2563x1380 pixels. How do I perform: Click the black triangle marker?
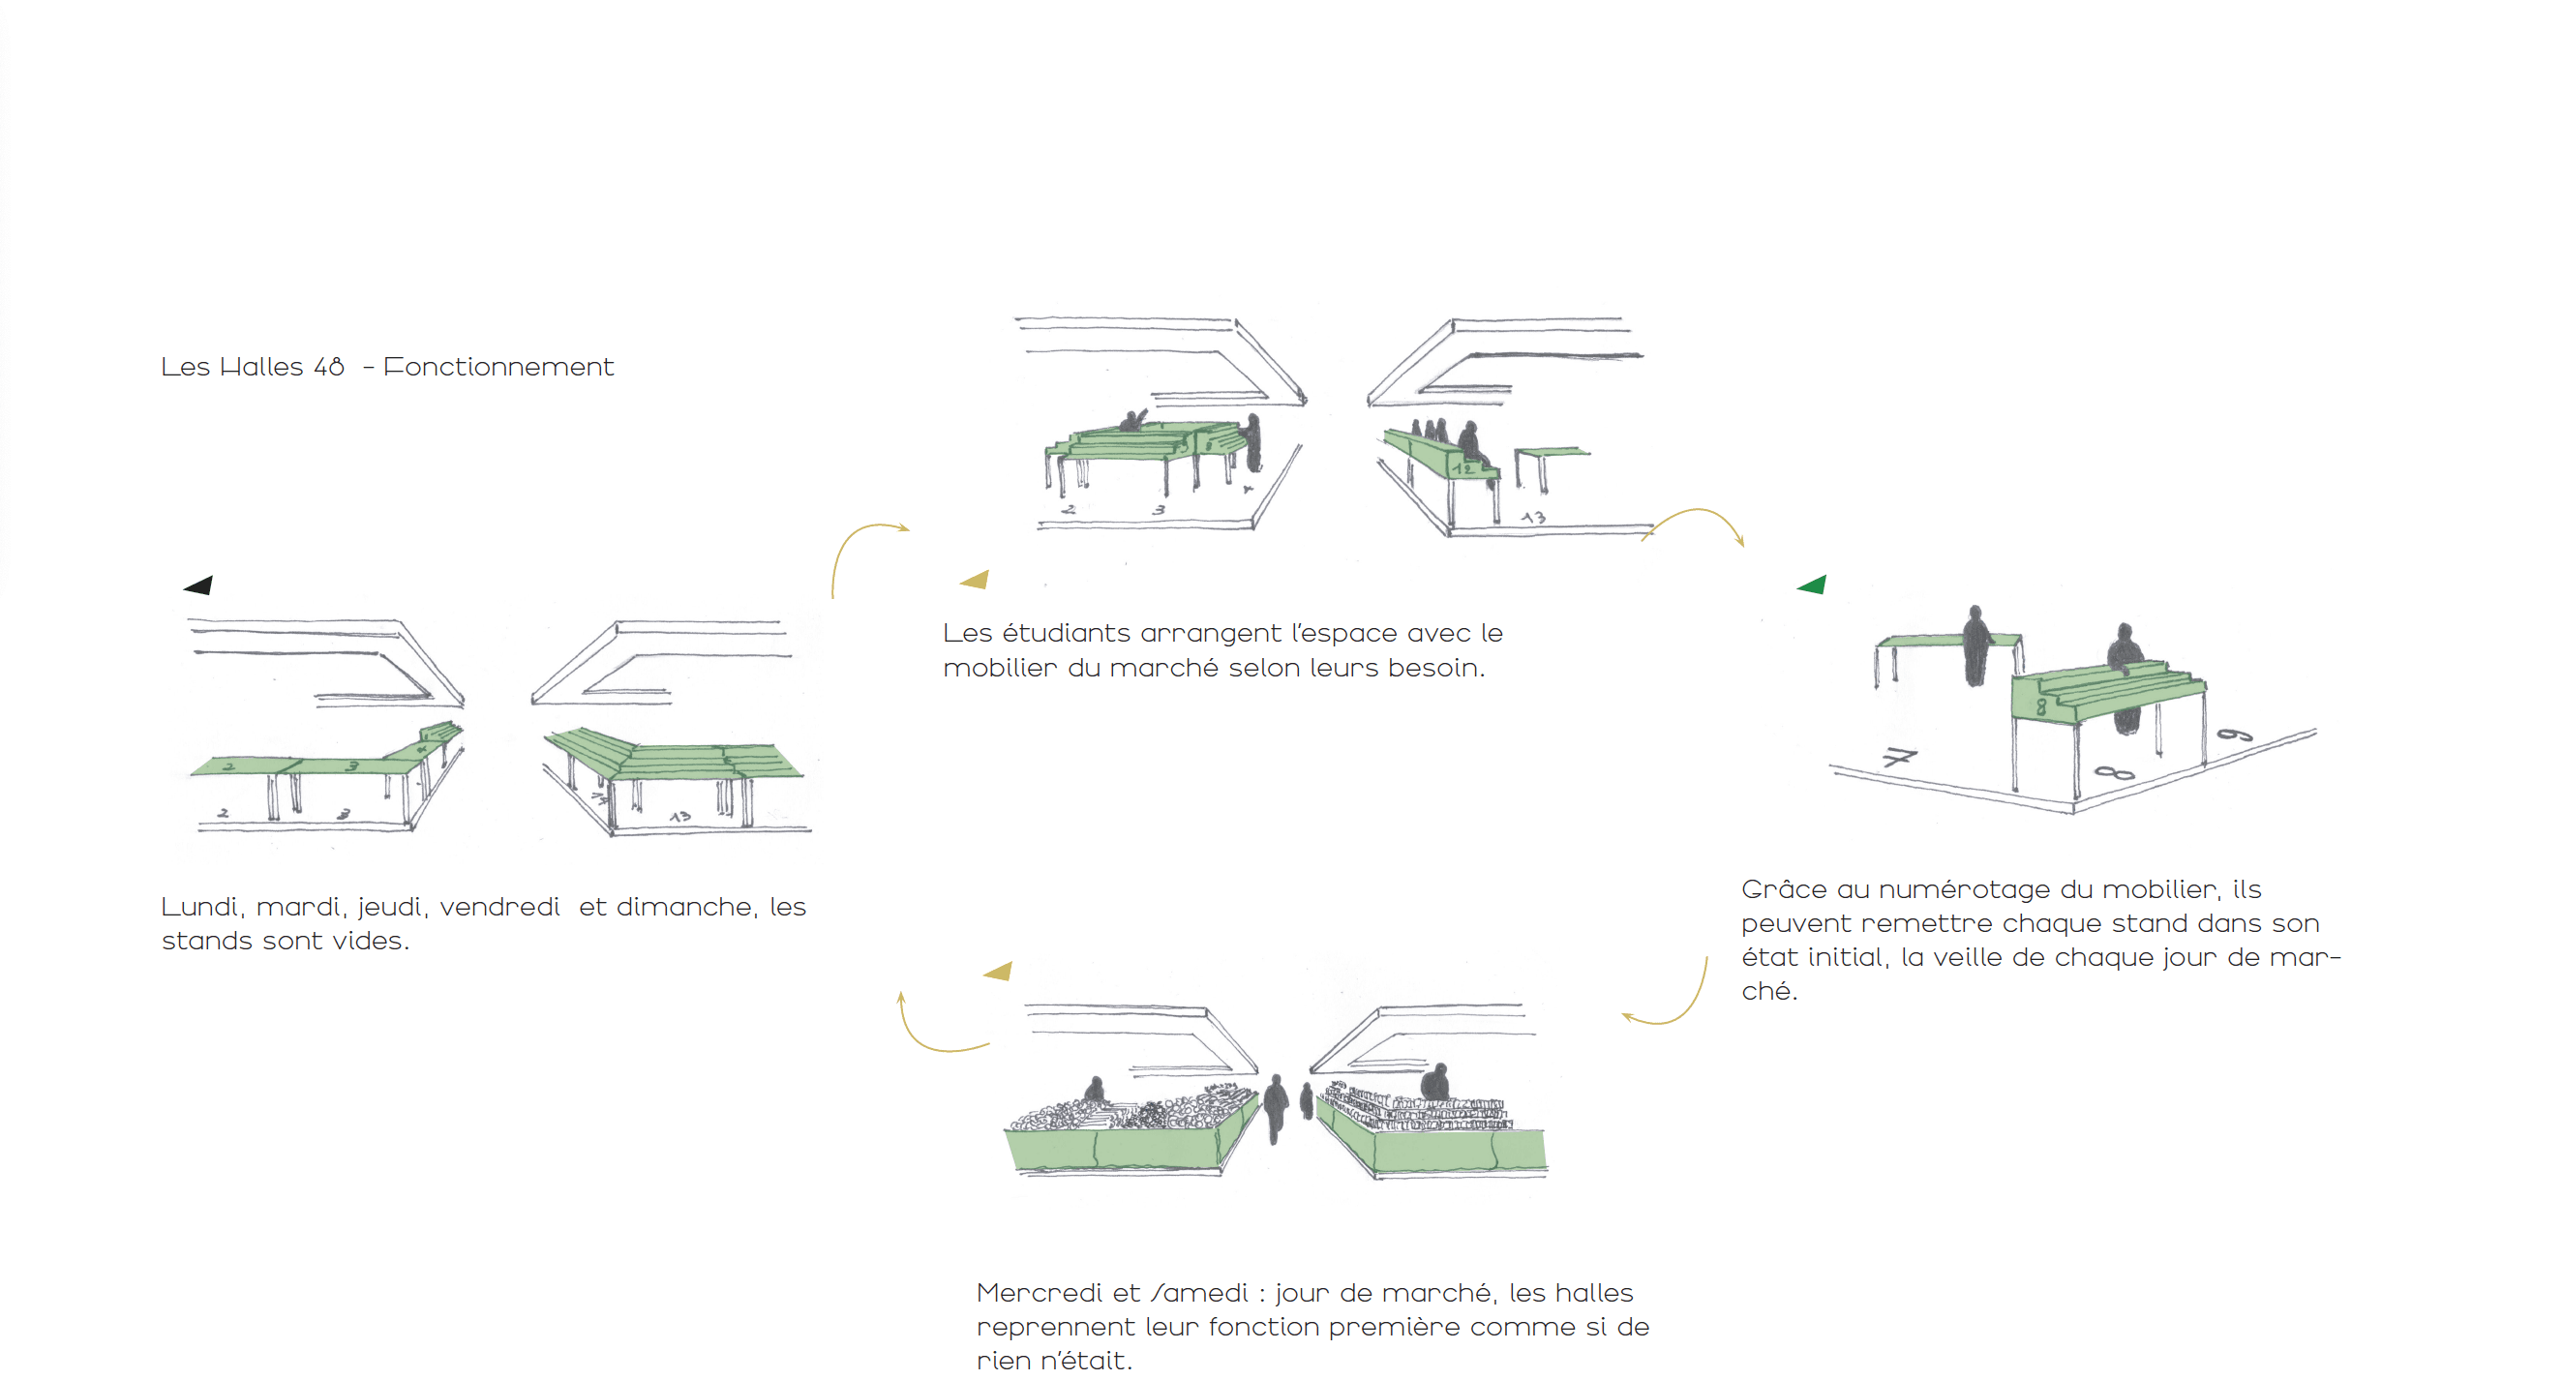coord(199,585)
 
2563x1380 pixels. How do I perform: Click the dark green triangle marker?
coord(1812,585)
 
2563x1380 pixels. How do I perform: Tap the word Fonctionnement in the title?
coord(498,367)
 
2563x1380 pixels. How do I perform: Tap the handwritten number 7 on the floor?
coord(1898,757)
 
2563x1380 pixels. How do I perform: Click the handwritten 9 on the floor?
coord(2235,735)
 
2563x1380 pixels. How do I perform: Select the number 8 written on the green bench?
coord(2040,706)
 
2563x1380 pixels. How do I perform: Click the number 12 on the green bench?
coord(1462,467)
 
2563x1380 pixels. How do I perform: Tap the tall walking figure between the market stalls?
coord(1276,1107)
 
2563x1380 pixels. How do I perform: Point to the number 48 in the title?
coord(328,367)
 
